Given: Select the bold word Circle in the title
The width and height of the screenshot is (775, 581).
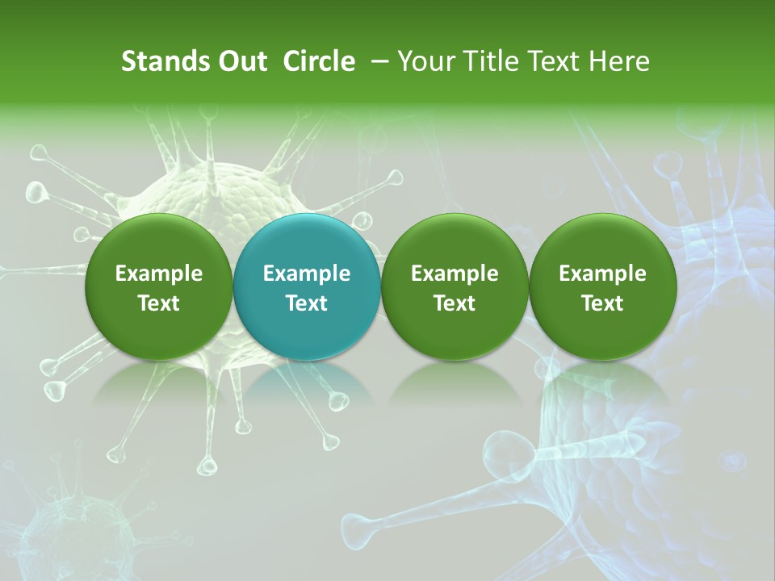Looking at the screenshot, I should (319, 61).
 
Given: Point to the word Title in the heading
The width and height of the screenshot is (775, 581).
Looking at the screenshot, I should (480, 61).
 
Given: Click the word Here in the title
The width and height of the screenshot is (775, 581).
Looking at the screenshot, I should (619, 61).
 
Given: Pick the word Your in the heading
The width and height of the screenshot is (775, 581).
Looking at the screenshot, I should (425, 61).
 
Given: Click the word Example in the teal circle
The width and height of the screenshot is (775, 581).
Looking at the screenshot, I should (307, 274).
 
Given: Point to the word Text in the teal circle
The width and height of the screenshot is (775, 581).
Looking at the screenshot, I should (307, 303).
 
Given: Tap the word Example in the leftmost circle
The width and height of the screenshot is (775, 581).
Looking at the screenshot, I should (159, 274).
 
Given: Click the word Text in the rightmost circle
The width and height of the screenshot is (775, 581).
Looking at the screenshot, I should (602, 303).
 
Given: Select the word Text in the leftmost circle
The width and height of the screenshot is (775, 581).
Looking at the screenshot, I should (159, 303).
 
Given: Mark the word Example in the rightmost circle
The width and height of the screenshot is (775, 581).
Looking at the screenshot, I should (602, 274).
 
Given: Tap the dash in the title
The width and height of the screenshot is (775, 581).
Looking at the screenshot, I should (378, 61).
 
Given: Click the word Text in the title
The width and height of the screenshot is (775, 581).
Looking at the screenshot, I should (548, 61).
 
